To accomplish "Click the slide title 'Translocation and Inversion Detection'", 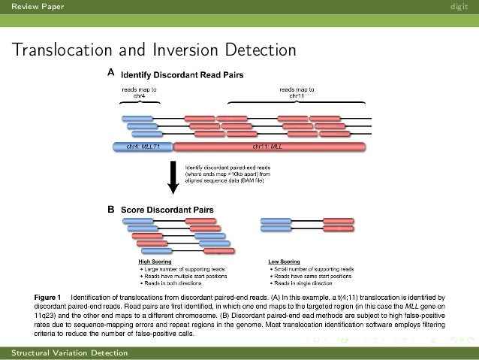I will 153,50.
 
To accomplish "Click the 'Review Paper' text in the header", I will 32,8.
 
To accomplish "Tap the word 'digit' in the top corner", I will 459,8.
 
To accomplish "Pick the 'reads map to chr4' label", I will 140,92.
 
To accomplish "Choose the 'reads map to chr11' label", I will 296,92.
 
